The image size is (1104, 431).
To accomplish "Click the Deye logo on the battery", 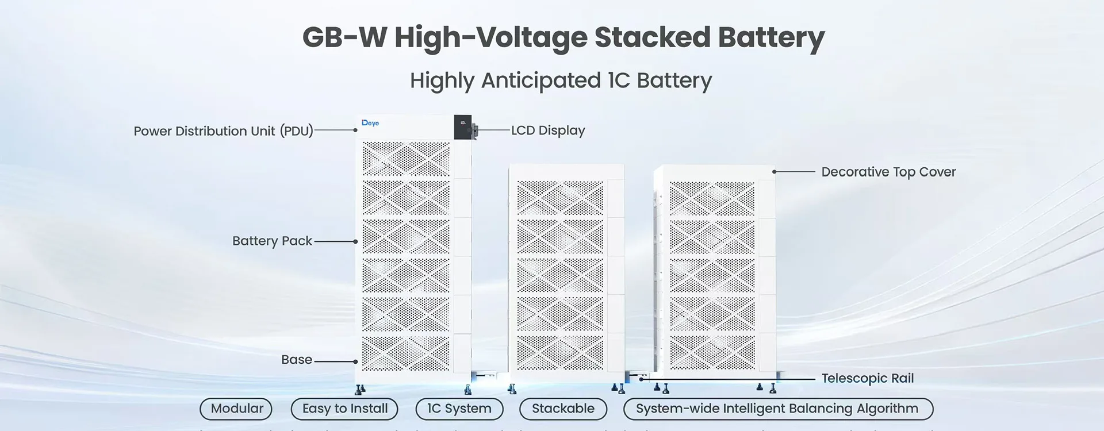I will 370,123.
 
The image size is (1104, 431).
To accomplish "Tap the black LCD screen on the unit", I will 462,127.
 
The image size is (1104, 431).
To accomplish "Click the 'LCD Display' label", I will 548,130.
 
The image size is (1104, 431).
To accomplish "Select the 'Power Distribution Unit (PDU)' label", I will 223,131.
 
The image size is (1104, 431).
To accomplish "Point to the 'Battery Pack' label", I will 272,241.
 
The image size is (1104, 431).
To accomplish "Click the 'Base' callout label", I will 297,360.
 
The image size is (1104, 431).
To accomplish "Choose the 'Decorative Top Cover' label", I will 888,172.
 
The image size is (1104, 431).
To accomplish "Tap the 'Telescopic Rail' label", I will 867,378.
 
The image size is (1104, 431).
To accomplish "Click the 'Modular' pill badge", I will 236,409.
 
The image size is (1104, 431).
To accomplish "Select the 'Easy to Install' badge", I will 345,409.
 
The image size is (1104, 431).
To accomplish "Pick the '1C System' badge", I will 459,409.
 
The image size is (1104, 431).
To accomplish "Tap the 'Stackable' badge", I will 563,409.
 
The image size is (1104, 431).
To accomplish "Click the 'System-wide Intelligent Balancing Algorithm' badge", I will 777,409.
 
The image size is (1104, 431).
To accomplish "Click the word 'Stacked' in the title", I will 652,37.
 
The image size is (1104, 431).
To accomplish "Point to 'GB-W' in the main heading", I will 344,37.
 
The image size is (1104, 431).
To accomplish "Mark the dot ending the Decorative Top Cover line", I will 775,172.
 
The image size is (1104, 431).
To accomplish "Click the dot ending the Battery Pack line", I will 356,241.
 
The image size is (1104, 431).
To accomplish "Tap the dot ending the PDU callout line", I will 355,130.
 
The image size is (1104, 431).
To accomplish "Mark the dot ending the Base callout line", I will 356,361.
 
